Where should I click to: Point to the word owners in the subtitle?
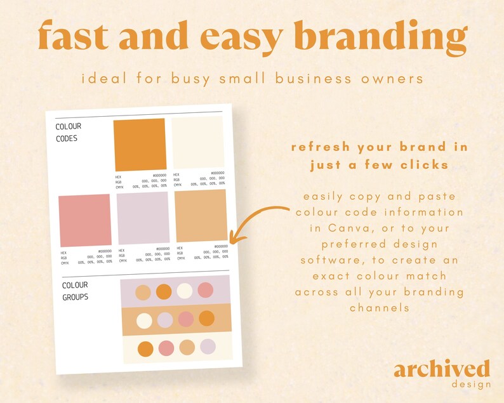(391, 80)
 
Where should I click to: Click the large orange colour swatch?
(140, 144)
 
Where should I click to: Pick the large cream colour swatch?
(198, 143)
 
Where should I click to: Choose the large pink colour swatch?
(85, 220)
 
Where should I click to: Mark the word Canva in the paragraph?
(334, 228)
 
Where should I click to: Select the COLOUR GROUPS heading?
(75, 291)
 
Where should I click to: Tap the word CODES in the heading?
(67, 138)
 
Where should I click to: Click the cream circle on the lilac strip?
(185, 291)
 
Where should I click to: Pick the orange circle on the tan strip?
(206, 319)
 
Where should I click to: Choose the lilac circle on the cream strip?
(208, 347)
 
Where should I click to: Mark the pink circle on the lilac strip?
(205, 290)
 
